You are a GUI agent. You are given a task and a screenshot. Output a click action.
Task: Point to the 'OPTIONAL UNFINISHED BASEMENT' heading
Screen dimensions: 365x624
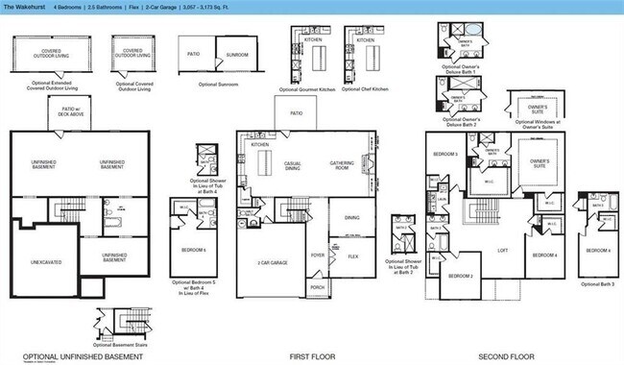[x=76, y=355]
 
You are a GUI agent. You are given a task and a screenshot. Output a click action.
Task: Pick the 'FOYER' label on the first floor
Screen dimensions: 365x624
[x=317, y=255]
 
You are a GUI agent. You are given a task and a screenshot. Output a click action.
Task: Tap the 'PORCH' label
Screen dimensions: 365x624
[x=318, y=287]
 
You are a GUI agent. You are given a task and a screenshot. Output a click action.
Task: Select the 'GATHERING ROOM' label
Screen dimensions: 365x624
[x=344, y=163]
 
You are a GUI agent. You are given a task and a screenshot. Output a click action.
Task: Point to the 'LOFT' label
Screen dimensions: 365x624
[x=503, y=250]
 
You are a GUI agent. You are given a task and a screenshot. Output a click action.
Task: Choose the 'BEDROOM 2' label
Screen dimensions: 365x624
[x=460, y=277]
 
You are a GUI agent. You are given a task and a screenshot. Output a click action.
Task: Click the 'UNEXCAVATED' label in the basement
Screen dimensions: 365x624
[x=45, y=260]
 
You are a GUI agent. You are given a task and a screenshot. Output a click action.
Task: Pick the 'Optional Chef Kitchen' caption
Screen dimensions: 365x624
[x=367, y=88]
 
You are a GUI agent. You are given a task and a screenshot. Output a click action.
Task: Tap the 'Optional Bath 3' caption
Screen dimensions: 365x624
[x=597, y=284]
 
